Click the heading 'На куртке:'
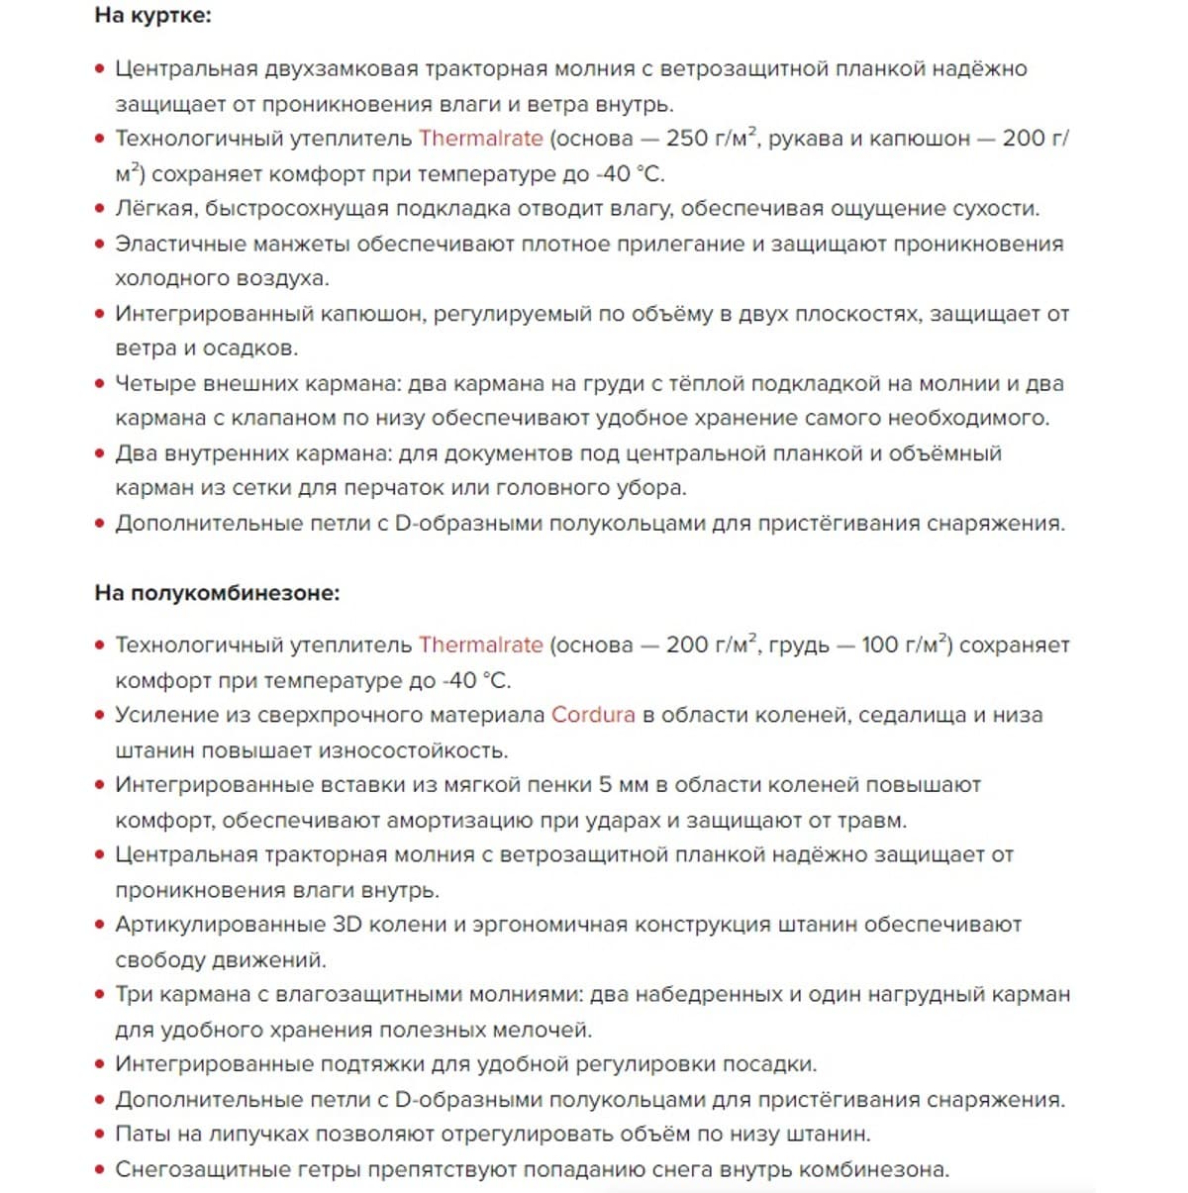click(x=152, y=16)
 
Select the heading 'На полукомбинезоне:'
click(x=217, y=593)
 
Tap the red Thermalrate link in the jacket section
click(x=480, y=139)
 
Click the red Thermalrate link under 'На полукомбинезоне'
click(x=480, y=646)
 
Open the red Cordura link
click(x=593, y=715)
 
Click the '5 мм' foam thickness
click(x=619, y=785)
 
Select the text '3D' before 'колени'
click(x=346, y=925)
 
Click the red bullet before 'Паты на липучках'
click(x=100, y=1135)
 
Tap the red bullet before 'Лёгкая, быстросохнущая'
click(x=100, y=209)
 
